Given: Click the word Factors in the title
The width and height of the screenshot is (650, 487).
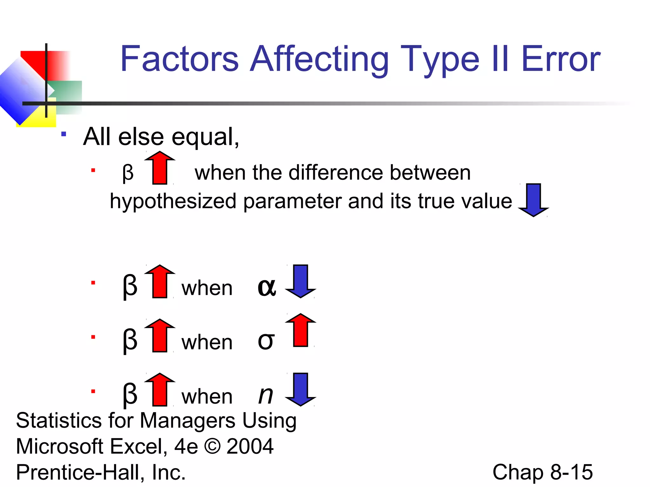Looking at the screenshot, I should click(x=179, y=59).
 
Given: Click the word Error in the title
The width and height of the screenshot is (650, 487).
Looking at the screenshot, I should click(x=560, y=59).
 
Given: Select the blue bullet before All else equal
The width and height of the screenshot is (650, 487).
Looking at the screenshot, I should click(x=64, y=134).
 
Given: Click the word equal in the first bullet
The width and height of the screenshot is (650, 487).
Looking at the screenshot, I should click(x=205, y=137).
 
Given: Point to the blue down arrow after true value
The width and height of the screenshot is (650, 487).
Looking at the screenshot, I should click(x=533, y=200).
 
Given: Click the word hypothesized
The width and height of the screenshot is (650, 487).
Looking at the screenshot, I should click(x=173, y=201).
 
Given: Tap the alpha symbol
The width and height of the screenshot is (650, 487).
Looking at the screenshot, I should click(x=267, y=288).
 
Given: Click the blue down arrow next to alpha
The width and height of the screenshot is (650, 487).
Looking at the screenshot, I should click(x=300, y=281).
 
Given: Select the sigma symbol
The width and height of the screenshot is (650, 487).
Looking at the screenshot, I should click(x=266, y=341).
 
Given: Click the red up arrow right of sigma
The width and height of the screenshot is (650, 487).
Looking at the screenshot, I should click(x=300, y=330).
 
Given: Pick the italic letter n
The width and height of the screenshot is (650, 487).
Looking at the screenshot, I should click(x=266, y=395).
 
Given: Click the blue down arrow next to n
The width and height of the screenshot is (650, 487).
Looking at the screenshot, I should click(x=300, y=389).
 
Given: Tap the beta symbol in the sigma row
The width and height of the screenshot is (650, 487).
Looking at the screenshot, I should click(x=130, y=340).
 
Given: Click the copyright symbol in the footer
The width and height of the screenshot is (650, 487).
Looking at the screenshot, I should click(x=212, y=446).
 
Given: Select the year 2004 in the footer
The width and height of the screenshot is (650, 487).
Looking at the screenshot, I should click(x=250, y=446).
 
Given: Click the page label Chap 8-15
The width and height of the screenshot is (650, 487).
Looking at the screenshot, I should click(x=542, y=472).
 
